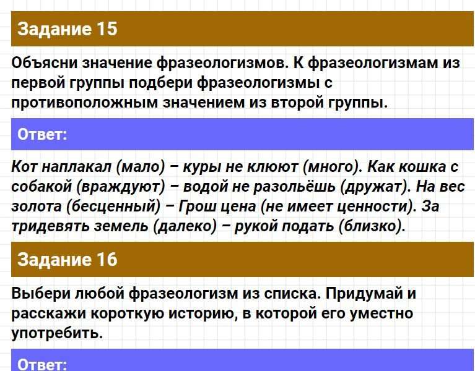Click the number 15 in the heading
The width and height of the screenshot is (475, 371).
[107, 29]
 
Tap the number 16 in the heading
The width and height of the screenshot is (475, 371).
[107, 260]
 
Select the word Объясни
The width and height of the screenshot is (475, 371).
[44, 63]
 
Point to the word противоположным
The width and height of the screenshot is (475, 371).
[84, 103]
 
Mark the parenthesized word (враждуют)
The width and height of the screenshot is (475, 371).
[121, 187]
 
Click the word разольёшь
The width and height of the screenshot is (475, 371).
[294, 187]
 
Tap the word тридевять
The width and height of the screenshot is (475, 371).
[50, 226]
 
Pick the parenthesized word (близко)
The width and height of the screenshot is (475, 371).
[372, 226]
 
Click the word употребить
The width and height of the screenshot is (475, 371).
[57, 333]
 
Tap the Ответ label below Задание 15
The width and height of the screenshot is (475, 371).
[42, 134]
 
